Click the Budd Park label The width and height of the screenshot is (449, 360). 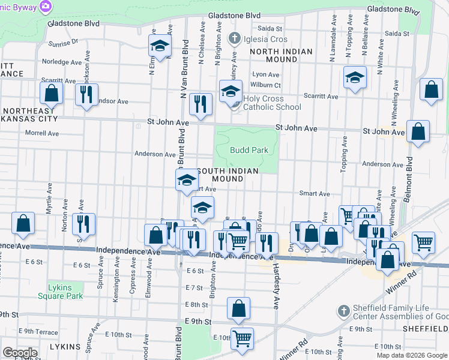point(247,151)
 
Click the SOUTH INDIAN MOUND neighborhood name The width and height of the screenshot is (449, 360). point(228,175)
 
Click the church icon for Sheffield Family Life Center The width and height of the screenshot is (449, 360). point(343,311)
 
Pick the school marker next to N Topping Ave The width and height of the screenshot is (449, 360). point(355,77)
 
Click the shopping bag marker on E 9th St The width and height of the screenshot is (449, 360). point(238,308)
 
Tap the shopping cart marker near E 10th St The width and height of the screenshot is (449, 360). point(242,338)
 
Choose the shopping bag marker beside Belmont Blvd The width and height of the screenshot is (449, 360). point(418,132)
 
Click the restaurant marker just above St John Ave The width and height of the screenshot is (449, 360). point(200,104)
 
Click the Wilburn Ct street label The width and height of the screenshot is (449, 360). point(266,85)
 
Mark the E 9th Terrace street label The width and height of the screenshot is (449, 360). point(38,331)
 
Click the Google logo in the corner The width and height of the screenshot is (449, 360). point(20,353)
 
